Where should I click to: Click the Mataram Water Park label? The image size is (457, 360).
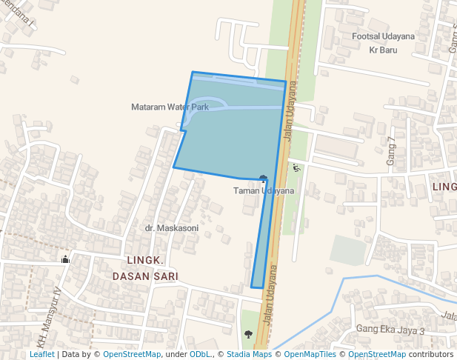(170, 107)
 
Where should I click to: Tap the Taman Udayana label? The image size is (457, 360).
(264, 191)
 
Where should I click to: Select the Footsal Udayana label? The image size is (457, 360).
(383, 36)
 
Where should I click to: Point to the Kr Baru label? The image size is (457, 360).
(383, 50)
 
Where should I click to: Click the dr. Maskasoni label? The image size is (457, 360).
(172, 228)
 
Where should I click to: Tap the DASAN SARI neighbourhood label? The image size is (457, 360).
(145, 276)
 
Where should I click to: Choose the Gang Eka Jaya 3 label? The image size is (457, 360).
(390, 330)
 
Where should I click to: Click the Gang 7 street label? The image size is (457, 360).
(392, 150)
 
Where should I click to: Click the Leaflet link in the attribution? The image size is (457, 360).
(41, 355)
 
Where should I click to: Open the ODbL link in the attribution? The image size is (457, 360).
(199, 355)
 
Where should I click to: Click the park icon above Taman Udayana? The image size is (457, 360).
(264, 179)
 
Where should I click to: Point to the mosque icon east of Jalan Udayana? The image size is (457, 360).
(297, 168)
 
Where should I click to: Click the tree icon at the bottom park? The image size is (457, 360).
(247, 333)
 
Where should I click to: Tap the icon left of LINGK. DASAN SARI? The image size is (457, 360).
(65, 259)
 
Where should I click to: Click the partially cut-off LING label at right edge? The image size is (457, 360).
(444, 187)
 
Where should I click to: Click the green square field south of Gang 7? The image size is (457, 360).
(348, 250)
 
